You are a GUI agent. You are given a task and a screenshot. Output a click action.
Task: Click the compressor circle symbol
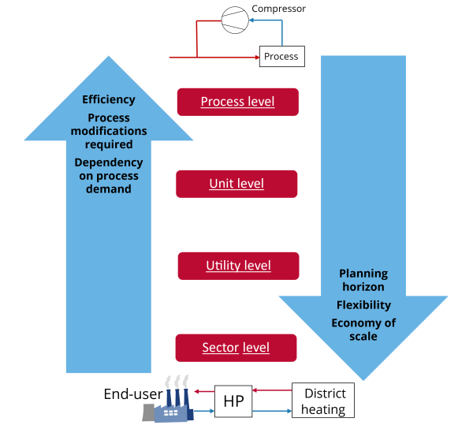click(x=234, y=20)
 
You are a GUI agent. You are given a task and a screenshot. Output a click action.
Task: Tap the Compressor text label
click(x=278, y=9)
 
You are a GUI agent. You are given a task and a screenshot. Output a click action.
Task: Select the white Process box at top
click(x=281, y=56)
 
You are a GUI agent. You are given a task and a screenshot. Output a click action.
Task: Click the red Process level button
click(x=237, y=102)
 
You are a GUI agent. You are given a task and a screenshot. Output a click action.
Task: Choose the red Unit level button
click(x=236, y=184)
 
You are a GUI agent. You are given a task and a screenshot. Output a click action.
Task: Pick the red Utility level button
click(x=238, y=266)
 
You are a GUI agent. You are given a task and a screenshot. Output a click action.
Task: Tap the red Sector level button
click(x=236, y=348)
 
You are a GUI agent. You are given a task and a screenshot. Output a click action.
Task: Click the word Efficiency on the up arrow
click(x=109, y=100)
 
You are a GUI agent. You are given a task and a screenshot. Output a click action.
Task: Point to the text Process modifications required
click(x=109, y=131)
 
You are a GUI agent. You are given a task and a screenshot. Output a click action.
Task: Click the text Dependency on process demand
click(x=109, y=175)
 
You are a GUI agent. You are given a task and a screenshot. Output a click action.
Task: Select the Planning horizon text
click(x=363, y=281)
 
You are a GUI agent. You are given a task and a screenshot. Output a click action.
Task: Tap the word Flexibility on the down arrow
click(x=363, y=305)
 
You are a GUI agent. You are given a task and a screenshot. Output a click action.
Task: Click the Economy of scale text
click(x=363, y=330)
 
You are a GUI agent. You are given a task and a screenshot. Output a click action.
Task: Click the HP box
click(x=233, y=401)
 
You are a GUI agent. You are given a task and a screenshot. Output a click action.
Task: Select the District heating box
click(x=323, y=401)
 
